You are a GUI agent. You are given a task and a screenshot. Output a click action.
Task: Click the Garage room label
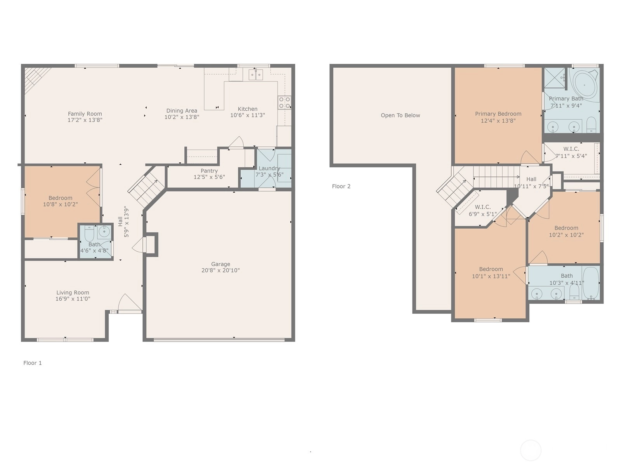point(220,264)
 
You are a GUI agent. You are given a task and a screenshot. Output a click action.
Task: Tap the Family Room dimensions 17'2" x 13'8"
point(85,120)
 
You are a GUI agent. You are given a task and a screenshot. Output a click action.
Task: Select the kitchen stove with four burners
point(284,103)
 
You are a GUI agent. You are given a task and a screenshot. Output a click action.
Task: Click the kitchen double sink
point(256,75)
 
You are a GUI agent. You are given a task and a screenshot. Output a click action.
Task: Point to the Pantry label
point(209,170)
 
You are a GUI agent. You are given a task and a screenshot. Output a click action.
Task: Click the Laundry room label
point(269,169)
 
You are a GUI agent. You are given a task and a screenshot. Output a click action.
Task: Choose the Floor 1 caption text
point(33,363)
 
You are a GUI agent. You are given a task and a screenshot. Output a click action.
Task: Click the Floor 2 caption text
point(341,186)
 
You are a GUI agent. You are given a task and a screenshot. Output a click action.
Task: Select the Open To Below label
point(400,115)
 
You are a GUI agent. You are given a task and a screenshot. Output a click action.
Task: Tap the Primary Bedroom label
point(498,114)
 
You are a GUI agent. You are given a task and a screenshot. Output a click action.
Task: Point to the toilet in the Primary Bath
point(591,125)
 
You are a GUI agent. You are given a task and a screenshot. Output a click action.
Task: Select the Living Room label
point(73,292)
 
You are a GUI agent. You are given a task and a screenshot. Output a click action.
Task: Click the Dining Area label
point(182,111)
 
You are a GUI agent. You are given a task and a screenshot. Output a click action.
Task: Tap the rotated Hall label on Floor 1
point(120,221)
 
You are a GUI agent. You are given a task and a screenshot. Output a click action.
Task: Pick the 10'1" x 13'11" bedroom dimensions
point(491,276)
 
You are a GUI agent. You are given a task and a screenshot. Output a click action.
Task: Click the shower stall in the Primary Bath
point(555,78)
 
